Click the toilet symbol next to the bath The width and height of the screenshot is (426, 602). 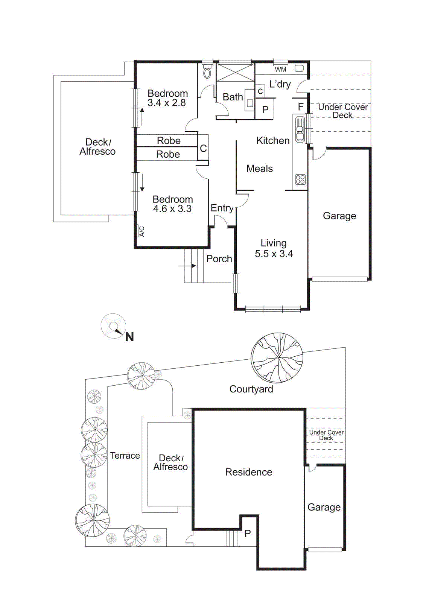[207, 72]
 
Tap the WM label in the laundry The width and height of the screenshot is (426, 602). [280, 70]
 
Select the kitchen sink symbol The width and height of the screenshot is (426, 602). [300, 129]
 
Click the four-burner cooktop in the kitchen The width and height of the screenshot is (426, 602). [300, 179]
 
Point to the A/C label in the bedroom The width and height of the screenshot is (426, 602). [141, 231]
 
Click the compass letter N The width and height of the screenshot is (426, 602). [129, 337]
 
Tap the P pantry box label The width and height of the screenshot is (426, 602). [265, 110]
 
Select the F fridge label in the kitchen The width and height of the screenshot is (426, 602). [300, 107]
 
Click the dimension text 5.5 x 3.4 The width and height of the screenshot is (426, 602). [274, 254]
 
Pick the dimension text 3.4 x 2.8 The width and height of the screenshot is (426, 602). [166, 103]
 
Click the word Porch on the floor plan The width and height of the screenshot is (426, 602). [219, 259]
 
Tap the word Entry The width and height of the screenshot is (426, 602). [222, 208]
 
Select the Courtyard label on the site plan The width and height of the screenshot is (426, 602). [251, 389]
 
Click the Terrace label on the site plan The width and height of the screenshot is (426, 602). [125, 456]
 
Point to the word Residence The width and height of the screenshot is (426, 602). [248, 472]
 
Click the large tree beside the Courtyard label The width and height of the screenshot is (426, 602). [277, 357]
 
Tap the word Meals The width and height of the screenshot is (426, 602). [259, 169]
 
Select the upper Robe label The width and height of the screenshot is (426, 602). [169, 141]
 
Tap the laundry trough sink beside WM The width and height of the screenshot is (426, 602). [299, 68]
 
